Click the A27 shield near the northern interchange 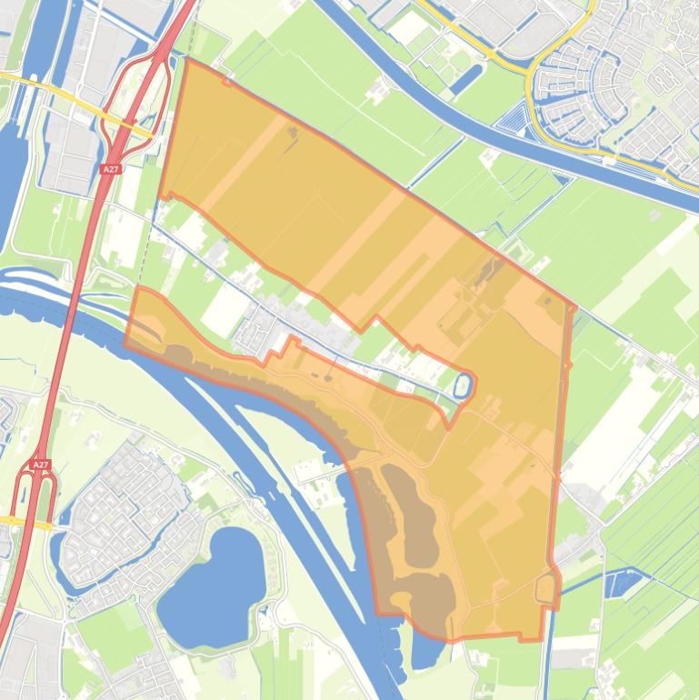point(110,169)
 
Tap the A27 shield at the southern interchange point(40,465)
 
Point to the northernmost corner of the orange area point(185,61)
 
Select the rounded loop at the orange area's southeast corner point(547,588)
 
